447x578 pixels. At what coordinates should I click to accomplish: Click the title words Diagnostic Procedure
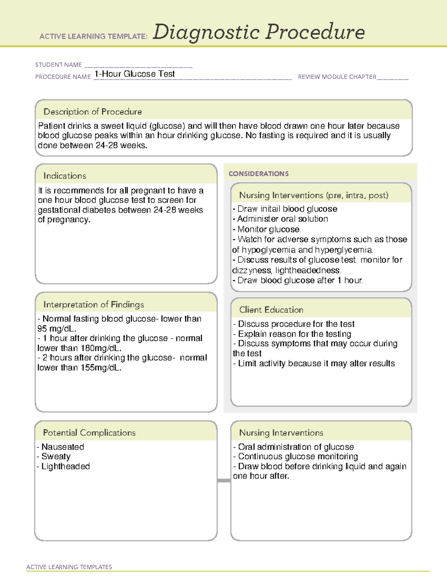[259, 32]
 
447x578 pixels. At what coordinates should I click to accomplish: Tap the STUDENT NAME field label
[58, 65]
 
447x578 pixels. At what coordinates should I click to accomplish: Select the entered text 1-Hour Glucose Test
[134, 74]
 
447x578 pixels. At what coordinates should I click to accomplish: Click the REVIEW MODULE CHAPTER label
[337, 77]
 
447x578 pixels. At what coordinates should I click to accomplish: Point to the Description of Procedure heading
[92, 112]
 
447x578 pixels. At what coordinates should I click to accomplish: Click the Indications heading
[64, 176]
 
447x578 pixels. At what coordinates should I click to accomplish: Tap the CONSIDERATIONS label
[259, 174]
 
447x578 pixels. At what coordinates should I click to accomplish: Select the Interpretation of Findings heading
[93, 304]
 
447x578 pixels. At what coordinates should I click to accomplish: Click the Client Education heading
[271, 310]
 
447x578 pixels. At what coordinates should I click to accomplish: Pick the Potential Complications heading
[89, 432]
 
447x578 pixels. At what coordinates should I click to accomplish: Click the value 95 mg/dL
[56, 329]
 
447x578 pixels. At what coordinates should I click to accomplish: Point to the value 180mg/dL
[101, 348]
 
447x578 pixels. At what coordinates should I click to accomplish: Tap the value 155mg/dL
[101, 368]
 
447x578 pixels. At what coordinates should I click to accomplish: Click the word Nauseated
[63, 447]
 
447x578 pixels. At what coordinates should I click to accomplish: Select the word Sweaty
[56, 456]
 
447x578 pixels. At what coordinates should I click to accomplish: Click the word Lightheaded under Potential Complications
[66, 466]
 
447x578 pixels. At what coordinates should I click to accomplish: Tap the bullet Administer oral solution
[282, 219]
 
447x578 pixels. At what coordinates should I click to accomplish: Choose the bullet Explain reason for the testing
[294, 334]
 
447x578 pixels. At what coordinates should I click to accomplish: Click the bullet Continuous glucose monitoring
[298, 456]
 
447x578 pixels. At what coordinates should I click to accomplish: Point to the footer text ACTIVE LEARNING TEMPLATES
[69, 567]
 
